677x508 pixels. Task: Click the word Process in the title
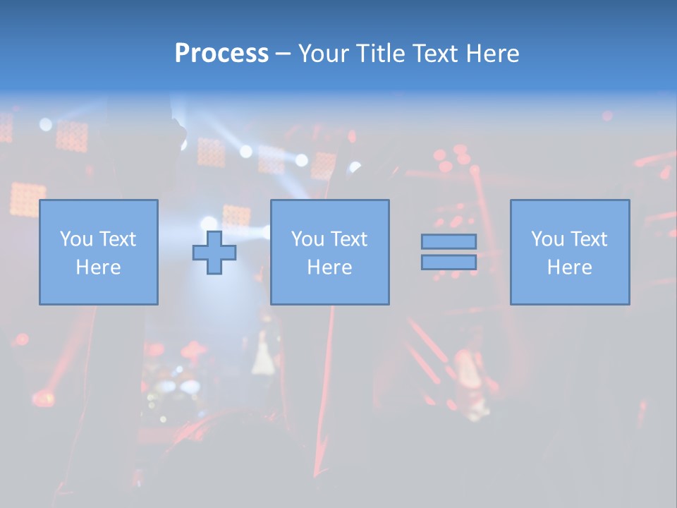point(221,54)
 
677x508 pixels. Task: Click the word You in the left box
point(76,239)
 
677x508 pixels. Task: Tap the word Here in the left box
point(98,267)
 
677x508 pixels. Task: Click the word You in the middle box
point(307,239)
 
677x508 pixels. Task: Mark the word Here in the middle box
point(329,267)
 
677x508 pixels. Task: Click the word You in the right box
point(547,239)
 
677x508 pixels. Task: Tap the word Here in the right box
point(569,267)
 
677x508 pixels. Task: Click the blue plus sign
point(214,253)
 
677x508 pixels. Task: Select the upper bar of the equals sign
point(449,241)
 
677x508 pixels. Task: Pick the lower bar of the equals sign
point(449,262)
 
